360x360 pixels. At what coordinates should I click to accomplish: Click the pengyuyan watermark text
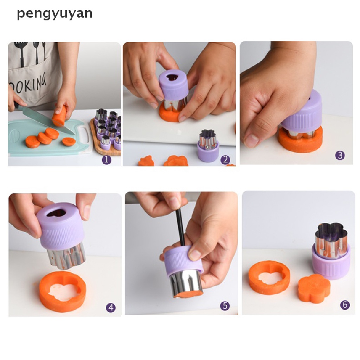coord(54,13)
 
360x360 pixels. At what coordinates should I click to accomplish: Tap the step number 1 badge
coord(107,160)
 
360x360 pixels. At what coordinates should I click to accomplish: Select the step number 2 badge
coord(225,160)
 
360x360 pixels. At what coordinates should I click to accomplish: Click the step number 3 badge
coord(340,155)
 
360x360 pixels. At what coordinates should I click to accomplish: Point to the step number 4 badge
coord(111,308)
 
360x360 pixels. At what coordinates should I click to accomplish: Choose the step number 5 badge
coord(225,306)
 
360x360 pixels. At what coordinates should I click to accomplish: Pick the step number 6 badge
coord(345,305)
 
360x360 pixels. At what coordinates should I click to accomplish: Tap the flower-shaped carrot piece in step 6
coord(314,288)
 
